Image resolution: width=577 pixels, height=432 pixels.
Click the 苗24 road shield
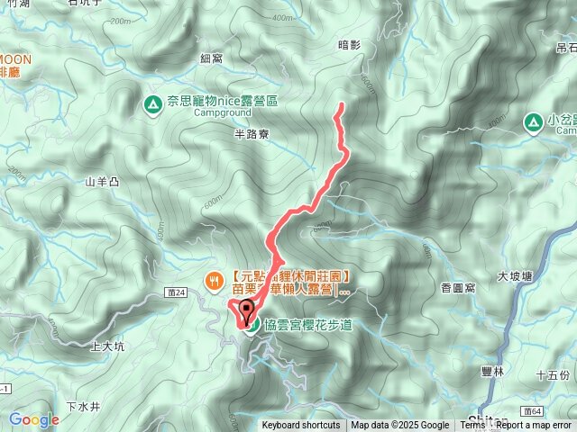[177, 292]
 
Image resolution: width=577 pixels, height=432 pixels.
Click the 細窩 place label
[211, 58]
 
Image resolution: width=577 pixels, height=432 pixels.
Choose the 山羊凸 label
[102, 181]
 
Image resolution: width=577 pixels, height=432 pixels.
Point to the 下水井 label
[83, 381]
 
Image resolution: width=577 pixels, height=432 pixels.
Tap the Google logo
[33, 419]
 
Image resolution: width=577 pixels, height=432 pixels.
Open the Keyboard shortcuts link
[301, 426]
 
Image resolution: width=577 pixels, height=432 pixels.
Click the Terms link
[472, 426]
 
